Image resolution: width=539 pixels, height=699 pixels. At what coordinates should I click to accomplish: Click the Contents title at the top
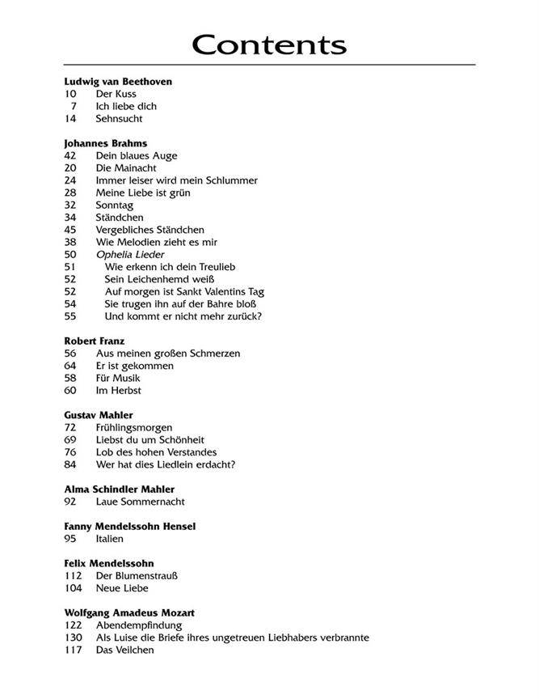pyautogui.click(x=269, y=44)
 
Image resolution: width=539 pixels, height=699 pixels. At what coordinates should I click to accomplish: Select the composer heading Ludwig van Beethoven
pyautogui.click(x=118, y=82)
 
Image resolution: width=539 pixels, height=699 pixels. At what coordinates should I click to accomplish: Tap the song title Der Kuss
pyautogui.click(x=116, y=94)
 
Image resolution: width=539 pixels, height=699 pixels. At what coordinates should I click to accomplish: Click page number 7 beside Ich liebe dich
pyautogui.click(x=74, y=106)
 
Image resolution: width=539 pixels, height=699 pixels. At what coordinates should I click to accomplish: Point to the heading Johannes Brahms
pyautogui.click(x=105, y=143)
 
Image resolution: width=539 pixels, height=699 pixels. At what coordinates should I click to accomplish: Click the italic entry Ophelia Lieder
pyautogui.click(x=130, y=254)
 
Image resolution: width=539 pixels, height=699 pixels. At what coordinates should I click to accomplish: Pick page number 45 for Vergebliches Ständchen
pyautogui.click(x=70, y=230)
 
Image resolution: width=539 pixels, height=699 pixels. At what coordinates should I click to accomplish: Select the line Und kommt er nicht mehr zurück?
pyautogui.click(x=183, y=316)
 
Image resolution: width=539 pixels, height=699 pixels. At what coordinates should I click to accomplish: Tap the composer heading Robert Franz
pyautogui.click(x=95, y=341)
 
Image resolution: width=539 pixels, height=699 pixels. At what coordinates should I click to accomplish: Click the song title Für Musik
pyautogui.click(x=118, y=378)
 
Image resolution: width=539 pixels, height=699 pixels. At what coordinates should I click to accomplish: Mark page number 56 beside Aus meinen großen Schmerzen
pyautogui.click(x=70, y=354)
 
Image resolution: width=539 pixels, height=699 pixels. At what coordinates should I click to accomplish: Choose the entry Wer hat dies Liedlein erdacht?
pyautogui.click(x=165, y=464)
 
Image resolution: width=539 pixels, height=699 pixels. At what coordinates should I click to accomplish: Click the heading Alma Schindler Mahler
pyautogui.click(x=119, y=489)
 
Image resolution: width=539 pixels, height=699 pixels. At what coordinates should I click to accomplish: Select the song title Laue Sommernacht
pyautogui.click(x=140, y=502)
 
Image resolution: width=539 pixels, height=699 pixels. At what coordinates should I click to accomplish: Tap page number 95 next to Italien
pyautogui.click(x=70, y=539)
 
